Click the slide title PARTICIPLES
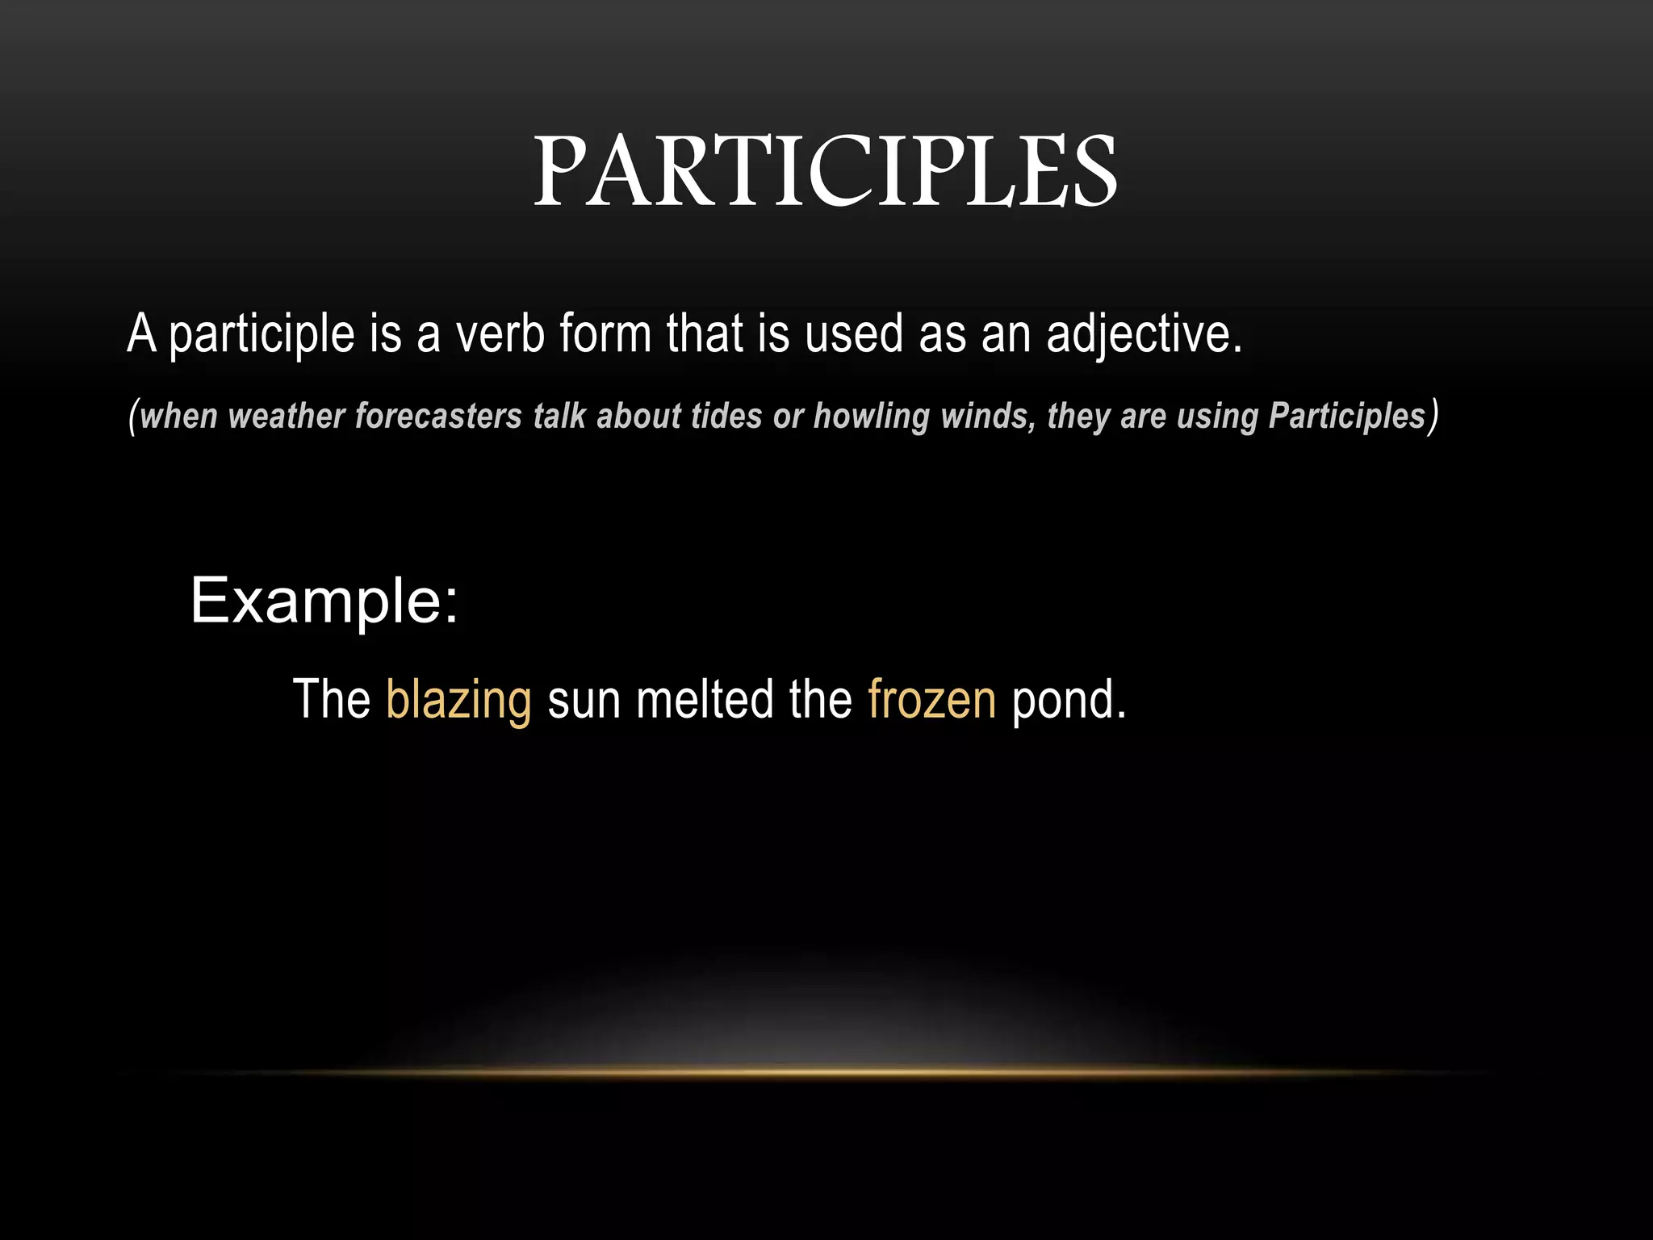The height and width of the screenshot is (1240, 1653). (x=826, y=171)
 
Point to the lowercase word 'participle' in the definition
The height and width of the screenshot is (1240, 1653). (x=262, y=335)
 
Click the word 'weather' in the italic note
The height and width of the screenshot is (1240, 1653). (x=287, y=417)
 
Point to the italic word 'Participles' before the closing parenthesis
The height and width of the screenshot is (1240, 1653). (x=1346, y=417)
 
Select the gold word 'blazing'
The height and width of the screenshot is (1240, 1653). (x=458, y=701)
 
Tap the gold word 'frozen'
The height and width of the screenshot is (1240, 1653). (x=932, y=699)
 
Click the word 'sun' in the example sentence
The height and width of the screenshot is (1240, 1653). (x=584, y=699)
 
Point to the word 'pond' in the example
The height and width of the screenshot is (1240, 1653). (x=1063, y=701)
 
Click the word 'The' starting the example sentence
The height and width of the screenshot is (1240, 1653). (x=331, y=699)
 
